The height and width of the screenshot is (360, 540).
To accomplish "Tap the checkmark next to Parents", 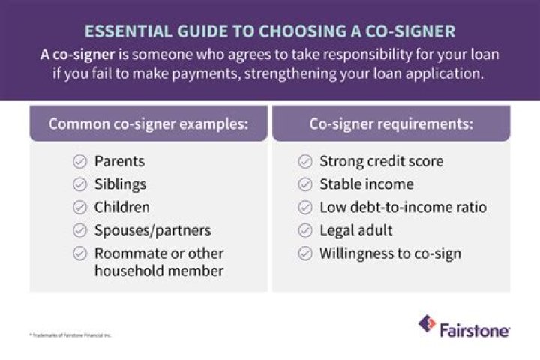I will tap(79, 161).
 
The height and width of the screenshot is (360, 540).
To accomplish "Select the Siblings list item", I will tap(120, 184).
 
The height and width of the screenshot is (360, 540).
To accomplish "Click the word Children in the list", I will tap(121, 207).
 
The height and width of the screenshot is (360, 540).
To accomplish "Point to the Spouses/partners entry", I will tap(152, 230).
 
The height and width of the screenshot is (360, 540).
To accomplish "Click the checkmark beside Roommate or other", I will tap(79, 253).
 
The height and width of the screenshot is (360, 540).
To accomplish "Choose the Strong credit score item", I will tap(381, 161).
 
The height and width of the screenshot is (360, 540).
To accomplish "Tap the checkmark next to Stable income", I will tap(305, 184).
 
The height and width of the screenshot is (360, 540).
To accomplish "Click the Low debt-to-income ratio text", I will tap(403, 207).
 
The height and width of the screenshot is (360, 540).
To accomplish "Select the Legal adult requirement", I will tap(355, 230).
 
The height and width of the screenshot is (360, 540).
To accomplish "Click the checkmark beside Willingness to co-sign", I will tap(305, 253).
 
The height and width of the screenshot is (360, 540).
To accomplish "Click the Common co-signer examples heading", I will tap(148, 124).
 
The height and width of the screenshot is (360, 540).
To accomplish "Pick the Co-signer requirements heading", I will tap(391, 124).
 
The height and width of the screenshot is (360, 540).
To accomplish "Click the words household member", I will tap(158, 271).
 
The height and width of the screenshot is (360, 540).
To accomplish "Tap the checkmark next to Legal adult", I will tap(305, 230).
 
